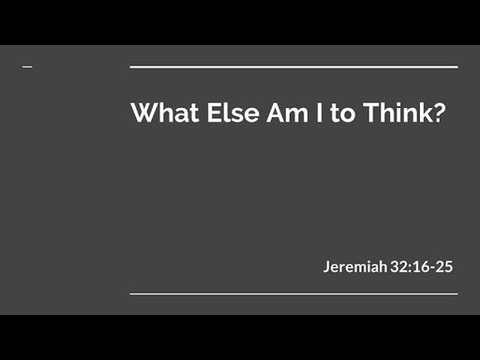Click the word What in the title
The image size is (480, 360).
click(x=165, y=112)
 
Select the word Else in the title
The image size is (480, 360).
click(x=232, y=112)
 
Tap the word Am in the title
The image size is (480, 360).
click(x=288, y=112)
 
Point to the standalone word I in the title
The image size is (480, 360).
click(x=319, y=112)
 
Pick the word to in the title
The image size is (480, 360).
click(x=343, y=113)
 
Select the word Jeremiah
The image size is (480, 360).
click(x=355, y=267)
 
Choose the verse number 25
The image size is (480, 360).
click(x=444, y=267)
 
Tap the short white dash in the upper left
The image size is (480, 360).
click(x=27, y=67)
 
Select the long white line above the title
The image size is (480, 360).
click(x=293, y=67)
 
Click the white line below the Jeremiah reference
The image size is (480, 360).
click(x=293, y=293)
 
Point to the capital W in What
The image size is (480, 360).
click(x=145, y=112)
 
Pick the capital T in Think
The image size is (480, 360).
click(x=371, y=112)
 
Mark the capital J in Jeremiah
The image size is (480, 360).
click(x=327, y=267)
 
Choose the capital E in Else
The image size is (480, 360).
click(x=214, y=112)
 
